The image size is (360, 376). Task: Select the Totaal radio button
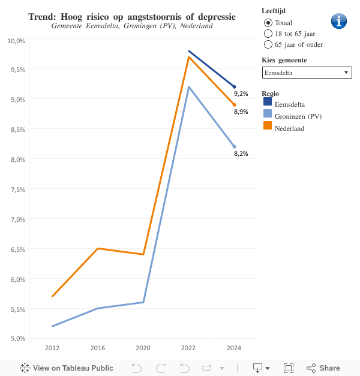tap(268, 22)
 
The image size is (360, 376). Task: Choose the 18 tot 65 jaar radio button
tap(268, 33)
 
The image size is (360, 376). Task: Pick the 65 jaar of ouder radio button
tap(268, 44)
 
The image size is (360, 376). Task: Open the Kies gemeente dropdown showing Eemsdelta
tap(307, 73)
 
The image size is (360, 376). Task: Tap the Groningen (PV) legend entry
tap(298, 116)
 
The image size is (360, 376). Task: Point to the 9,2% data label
tap(241, 94)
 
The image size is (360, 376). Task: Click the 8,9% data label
tap(241, 112)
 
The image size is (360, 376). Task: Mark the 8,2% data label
tap(241, 154)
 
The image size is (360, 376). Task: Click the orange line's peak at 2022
tap(189, 57)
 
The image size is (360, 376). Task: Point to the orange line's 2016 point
tap(98, 248)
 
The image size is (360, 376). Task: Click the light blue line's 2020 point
tap(143, 302)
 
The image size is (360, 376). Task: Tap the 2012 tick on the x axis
tap(52, 348)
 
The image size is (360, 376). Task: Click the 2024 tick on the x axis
tap(234, 348)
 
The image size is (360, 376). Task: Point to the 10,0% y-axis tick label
tap(16, 40)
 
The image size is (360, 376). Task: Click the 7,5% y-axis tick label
tap(16, 189)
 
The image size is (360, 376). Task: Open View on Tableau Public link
tap(67, 368)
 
